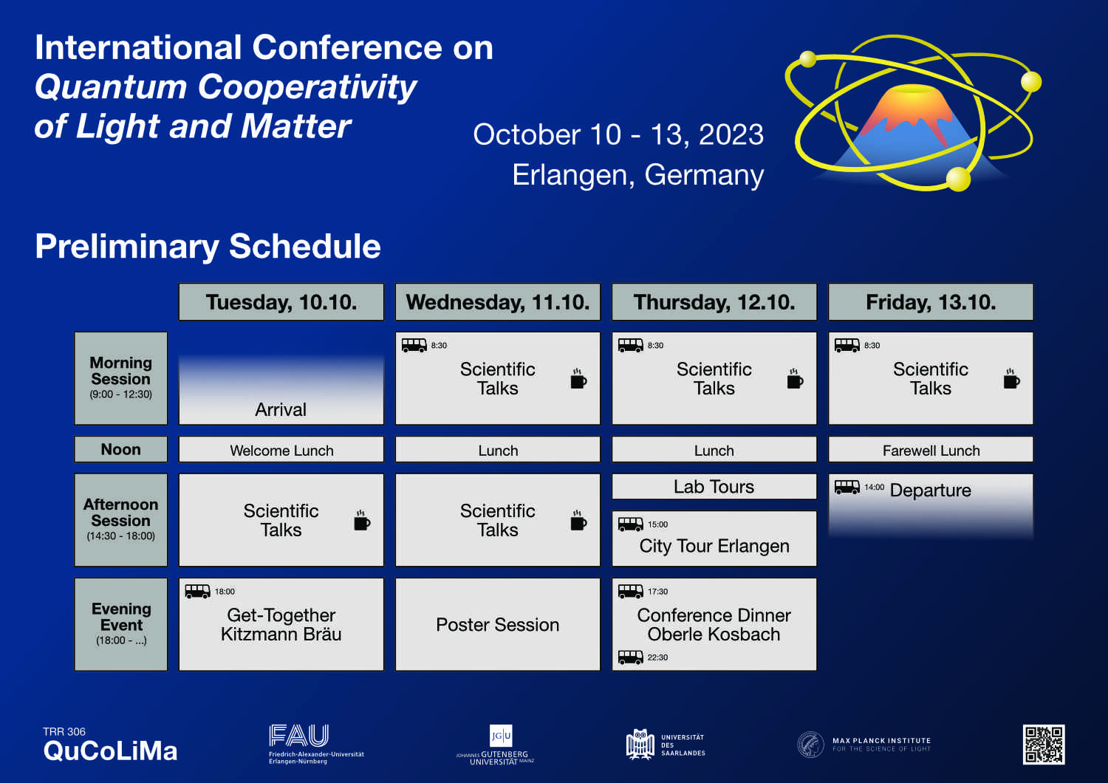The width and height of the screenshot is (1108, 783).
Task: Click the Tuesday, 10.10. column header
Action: coord(281,301)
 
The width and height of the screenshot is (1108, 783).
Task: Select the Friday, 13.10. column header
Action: coord(931,301)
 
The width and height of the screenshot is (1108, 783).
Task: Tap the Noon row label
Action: coord(120,449)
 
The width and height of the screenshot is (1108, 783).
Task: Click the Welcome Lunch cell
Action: coord(281,449)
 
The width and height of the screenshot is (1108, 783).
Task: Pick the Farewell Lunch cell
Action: coord(931,449)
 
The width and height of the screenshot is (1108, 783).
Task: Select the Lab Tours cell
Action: coord(714,487)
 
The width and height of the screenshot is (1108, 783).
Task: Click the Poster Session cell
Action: coord(498,624)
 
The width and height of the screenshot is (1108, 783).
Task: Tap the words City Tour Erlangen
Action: coord(714,546)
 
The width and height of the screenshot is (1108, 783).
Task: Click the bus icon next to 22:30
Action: coord(630,657)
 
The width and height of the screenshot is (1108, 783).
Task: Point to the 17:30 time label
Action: coord(657,592)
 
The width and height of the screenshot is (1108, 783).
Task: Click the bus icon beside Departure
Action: coord(847,488)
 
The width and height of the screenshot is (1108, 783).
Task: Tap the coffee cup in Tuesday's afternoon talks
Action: coord(362,520)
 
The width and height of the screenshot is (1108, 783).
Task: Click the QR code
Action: coord(1044,745)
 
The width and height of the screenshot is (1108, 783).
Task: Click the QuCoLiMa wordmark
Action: coord(110,750)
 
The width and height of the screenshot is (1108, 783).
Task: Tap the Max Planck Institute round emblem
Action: coord(810,745)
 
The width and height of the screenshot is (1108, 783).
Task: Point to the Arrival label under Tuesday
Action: coord(281,409)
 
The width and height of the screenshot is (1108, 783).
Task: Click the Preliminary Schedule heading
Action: coord(208,246)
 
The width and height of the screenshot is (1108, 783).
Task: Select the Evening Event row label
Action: coord(120,624)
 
